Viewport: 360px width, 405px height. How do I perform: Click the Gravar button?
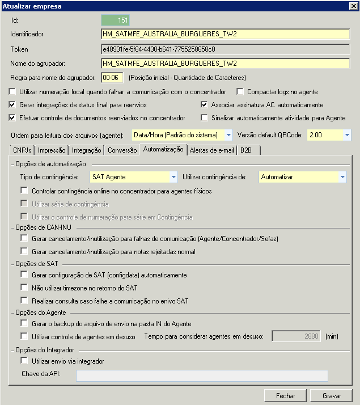click(332, 395)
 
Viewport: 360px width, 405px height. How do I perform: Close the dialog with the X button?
click(352, 6)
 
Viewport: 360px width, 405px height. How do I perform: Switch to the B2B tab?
click(247, 150)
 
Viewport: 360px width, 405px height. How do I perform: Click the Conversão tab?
click(122, 150)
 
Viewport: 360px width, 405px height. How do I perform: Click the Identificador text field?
click(225, 34)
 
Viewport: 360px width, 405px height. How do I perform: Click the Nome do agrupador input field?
click(225, 63)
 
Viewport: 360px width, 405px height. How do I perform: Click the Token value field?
click(225, 49)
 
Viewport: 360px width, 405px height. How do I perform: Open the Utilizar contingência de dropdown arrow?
click(342, 177)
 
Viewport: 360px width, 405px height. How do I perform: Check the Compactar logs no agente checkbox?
click(240, 92)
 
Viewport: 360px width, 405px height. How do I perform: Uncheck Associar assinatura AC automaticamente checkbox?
click(205, 105)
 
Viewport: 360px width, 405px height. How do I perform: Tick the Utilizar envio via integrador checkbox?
click(24, 361)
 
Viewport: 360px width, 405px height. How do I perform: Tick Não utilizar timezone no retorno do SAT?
click(24, 288)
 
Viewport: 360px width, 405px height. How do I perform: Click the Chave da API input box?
click(202, 376)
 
